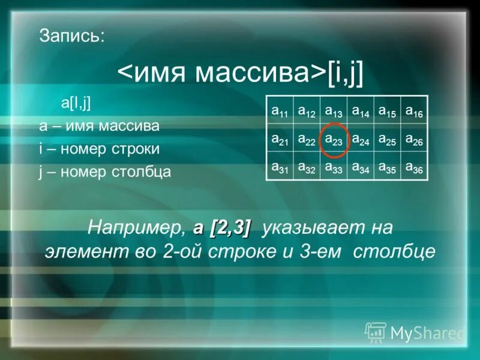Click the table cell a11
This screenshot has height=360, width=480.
[x=280, y=110]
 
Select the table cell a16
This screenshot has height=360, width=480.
[x=414, y=110]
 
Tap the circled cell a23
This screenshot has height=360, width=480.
[x=333, y=139]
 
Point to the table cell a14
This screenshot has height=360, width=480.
[x=360, y=110]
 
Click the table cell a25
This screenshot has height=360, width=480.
[x=387, y=139]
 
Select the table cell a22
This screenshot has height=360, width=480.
[x=306, y=139]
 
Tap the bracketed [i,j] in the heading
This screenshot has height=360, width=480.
[x=345, y=73]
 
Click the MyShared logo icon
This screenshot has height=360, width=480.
[x=376, y=332]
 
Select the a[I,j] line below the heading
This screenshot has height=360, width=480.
[x=76, y=103]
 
